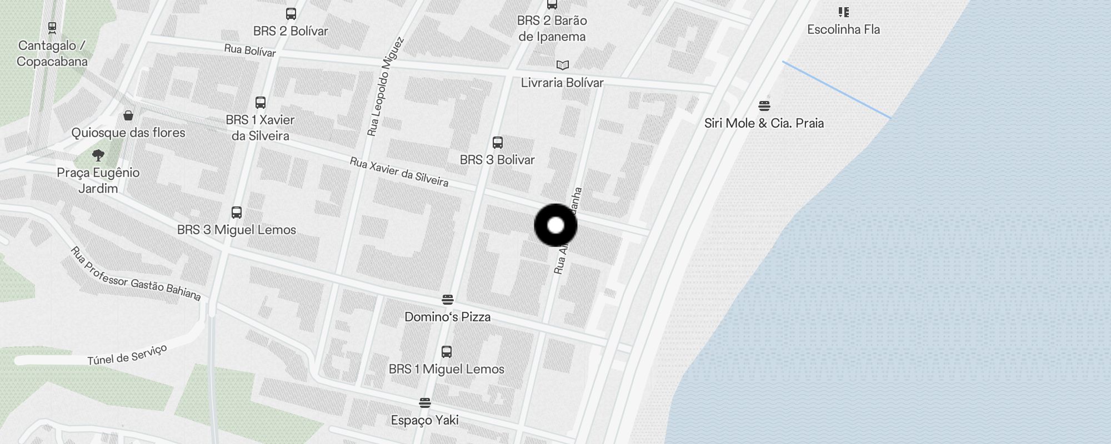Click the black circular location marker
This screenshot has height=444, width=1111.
point(555,225)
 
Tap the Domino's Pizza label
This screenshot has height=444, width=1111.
point(447,317)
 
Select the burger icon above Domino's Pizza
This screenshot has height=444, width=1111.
point(448,300)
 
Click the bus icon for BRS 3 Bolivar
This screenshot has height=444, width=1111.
point(498,143)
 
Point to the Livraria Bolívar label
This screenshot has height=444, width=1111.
point(562,83)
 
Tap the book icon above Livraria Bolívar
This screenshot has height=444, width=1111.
point(562,65)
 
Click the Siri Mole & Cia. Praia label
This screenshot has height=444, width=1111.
point(764,123)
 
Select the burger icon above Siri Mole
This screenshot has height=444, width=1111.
point(764,105)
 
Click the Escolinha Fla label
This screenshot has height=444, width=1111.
point(843,29)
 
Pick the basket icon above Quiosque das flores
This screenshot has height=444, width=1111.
point(128,115)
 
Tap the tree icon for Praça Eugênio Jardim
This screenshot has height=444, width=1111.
point(98,155)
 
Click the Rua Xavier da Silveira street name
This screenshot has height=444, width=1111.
point(399,172)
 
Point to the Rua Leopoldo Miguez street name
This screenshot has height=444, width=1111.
point(385,87)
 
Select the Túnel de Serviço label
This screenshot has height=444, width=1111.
point(127,355)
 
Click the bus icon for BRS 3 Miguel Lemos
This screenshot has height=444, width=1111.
point(237,213)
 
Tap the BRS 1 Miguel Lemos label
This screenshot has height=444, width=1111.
point(447,369)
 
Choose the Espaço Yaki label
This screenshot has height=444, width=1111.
point(424,420)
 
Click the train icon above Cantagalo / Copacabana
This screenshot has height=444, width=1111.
point(52,27)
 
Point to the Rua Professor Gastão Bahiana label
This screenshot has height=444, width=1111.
point(136,274)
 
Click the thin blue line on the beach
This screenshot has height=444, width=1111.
point(837,90)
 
